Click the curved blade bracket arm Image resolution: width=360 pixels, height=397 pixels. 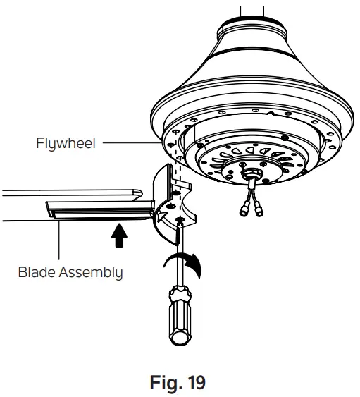point(169,219)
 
